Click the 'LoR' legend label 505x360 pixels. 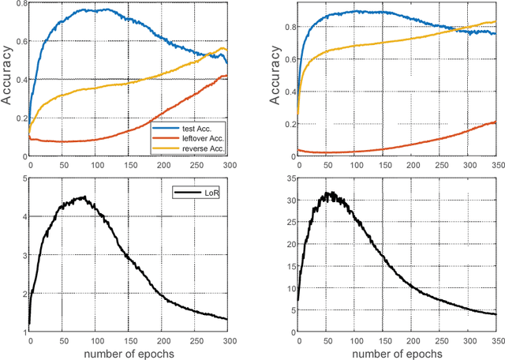click(x=211, y=191)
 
